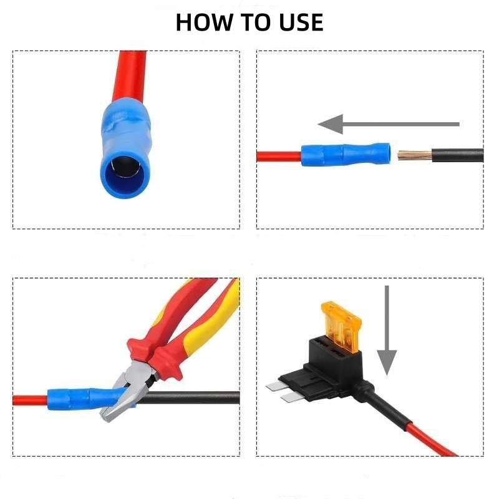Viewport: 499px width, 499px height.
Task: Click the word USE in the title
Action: point(299,22)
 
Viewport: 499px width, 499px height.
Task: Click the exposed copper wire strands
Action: point(413,153)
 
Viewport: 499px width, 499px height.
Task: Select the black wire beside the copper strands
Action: point(458,155)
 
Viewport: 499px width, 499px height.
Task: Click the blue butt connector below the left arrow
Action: point(345,153)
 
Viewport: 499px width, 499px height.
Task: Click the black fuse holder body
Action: point(324,368)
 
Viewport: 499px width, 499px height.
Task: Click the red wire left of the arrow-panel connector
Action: point(278,155)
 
